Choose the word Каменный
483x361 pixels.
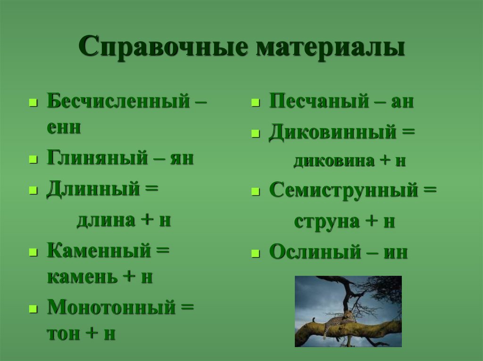[x=99, y=251]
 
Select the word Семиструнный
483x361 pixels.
[x=343, y=191]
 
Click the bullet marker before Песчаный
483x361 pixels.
[x=254, y=103]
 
